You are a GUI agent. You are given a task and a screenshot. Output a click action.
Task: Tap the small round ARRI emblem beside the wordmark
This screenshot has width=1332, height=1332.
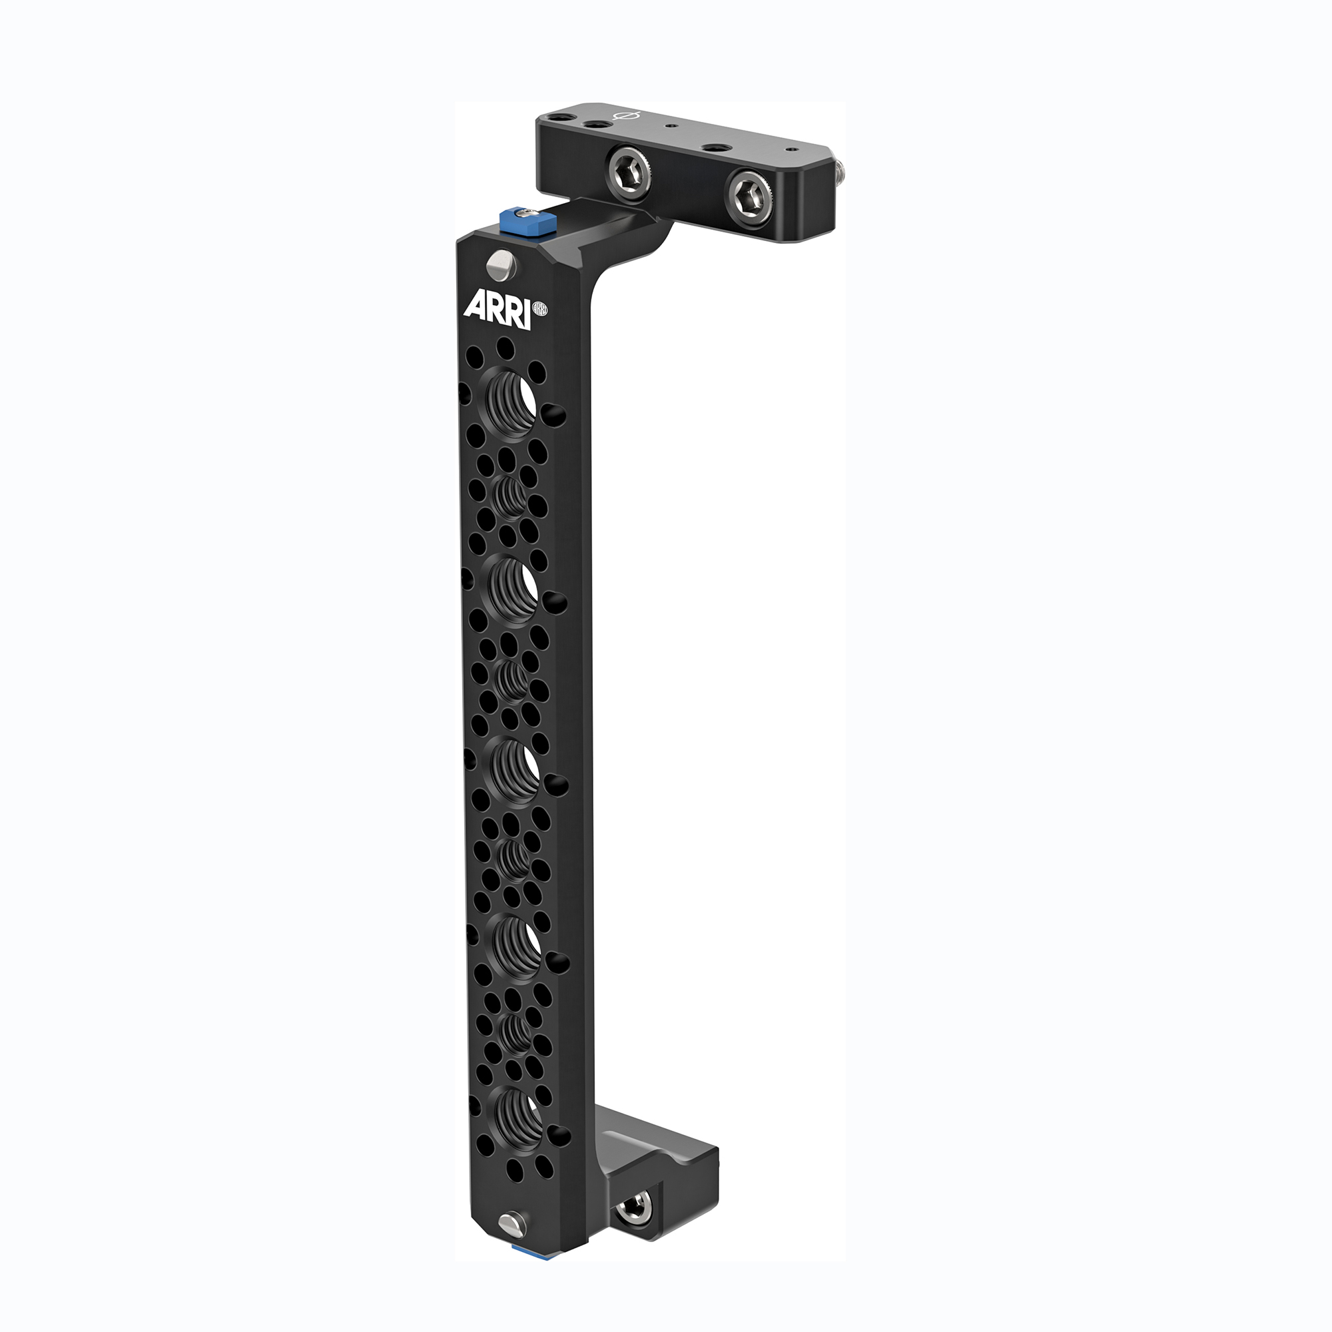(541, 310)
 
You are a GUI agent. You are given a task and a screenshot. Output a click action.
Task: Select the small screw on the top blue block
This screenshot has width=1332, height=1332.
(528, 214)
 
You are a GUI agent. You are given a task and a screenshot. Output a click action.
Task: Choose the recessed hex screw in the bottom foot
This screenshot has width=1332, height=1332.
(633, 1207)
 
